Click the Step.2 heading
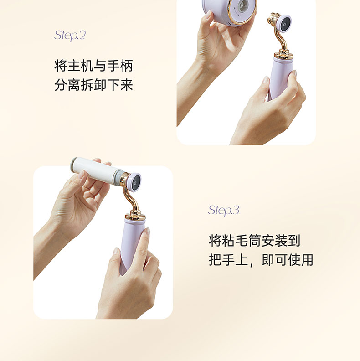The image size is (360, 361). click(x=70, y=36)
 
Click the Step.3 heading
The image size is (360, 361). click(x=224, y=211)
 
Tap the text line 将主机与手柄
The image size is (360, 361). click(x=94, y=66)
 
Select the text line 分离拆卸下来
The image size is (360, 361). click(x=94, y=85)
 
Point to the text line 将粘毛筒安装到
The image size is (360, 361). click(x=255, y=241)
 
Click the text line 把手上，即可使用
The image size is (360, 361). click(x=261, y=260)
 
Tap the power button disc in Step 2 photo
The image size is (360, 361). click(x=284, y=24)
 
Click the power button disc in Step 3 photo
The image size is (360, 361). click(x=134, y=182)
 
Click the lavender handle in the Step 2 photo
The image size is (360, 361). click(x=279, y=79)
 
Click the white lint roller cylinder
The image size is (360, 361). click(x=96, y=170)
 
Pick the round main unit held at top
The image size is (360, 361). click(x=229, y=11)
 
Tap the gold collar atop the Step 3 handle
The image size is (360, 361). click(x=135, y=215)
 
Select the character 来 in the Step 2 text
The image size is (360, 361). click(x=127, y=85)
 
